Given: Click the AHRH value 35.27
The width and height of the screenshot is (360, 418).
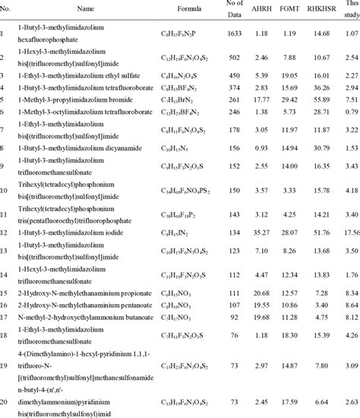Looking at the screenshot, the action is point(262,230).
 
